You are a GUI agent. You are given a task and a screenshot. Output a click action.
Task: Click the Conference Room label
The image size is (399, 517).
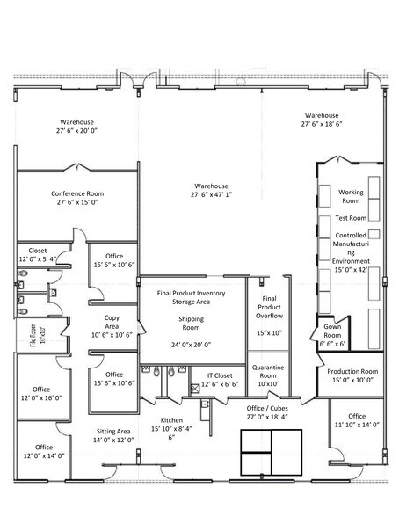tap(77, 193)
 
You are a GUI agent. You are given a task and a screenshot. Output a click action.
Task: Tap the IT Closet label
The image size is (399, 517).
tap(220, 375)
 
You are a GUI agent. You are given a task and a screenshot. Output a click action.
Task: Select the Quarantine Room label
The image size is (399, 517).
tap(268, 371)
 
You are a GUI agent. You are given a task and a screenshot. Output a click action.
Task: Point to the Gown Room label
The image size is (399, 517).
tap(332, 331)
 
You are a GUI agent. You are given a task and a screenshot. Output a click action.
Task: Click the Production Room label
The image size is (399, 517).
tap(352, 371)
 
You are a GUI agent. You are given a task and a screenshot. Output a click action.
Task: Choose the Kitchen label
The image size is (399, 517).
tap(171, 420)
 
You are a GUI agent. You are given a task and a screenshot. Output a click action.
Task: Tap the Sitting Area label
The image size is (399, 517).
tap(113, 431)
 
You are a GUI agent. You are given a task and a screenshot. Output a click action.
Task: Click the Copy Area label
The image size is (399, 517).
tap(112, 322)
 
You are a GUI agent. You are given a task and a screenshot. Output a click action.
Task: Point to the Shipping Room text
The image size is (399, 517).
tap(191, 324)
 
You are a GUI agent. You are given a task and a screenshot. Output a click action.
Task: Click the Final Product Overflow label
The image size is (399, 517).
tap(269, 307)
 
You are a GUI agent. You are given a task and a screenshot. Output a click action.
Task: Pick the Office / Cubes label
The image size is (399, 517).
tap(267, 408)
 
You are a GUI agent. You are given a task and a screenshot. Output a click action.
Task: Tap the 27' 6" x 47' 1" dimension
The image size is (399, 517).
tap(211, 194)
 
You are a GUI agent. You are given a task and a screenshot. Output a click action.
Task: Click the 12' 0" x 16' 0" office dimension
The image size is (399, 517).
tap(41, 398)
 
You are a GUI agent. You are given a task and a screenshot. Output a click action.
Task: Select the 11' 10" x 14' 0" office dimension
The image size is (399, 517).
tap(357, 425)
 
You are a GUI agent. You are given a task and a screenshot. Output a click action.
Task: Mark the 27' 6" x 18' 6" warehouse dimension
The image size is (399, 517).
tap(322, 124)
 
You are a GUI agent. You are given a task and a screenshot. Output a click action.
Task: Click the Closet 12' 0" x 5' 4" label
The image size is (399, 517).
tap(38, 255)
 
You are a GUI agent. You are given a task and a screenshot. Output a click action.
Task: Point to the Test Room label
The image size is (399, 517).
tap(351, 218)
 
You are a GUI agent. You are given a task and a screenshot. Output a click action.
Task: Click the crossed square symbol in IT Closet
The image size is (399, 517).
tap(195, 388)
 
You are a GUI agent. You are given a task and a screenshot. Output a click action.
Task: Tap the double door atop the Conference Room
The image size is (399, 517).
tap(76, 166)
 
